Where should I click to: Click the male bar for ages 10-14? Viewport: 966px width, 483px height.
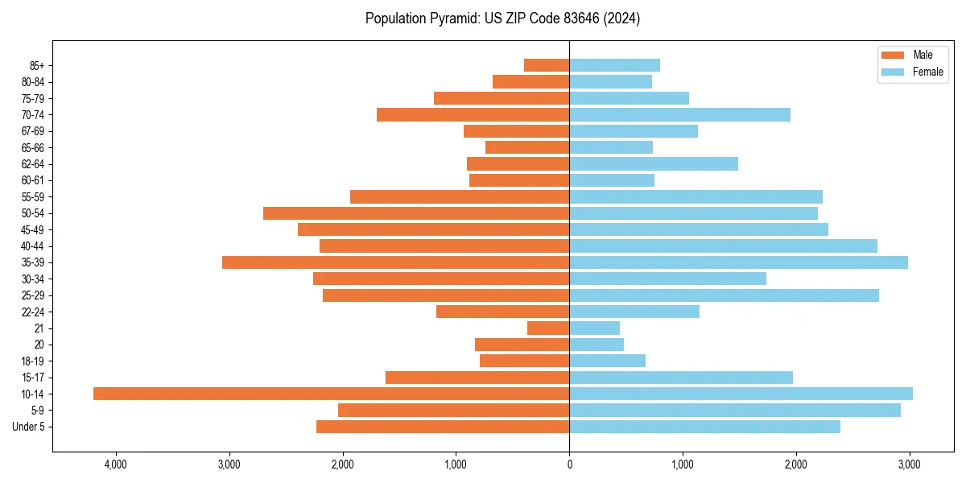point(331,394)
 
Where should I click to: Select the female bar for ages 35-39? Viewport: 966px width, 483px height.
point(738,262)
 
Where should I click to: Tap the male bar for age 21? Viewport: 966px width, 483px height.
point(548,328)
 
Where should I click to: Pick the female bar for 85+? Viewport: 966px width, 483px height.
point(614,65)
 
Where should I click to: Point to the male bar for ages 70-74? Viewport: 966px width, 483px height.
point(473,114)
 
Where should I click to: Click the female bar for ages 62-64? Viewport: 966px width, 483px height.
point(654,163)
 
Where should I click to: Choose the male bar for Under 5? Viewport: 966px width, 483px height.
point(443,427)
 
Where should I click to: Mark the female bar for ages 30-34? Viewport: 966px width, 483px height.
point(667,279)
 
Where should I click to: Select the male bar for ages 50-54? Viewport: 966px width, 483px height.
point(416,213)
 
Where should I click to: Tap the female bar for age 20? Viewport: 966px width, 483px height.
point(597,345)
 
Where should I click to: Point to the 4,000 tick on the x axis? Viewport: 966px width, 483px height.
point(116,464)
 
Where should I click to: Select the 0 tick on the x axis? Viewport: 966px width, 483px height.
point(569,464)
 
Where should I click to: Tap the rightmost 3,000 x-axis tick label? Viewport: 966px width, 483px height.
point(910,464)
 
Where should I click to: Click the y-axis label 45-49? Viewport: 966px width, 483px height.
point(33,229)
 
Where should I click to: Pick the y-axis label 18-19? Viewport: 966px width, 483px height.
point(33,361)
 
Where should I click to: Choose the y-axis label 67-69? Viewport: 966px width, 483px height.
point(33,131)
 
